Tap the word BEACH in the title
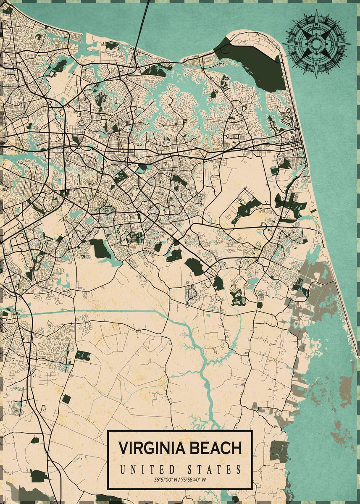pyautogui.click(x=216, y=448)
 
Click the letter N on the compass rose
pyautogui.click(x=316, y=24)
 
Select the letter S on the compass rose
pyautogui.click(x=316, y=64)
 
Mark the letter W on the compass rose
pyautogui.click(x=296, y=44)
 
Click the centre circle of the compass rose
pyautogui.click(x=316, y=44)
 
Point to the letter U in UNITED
pyautogui.click(x=122, y=469)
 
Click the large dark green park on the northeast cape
pyautogui.click(x=256, y=63)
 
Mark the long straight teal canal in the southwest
pyautogui.click(x=84, y=312)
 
